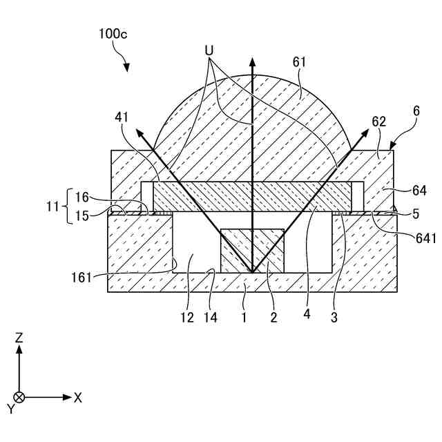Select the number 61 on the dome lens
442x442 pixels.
[298, 63]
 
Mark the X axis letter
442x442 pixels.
[78, 398]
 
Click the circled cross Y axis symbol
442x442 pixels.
[19, 397]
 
